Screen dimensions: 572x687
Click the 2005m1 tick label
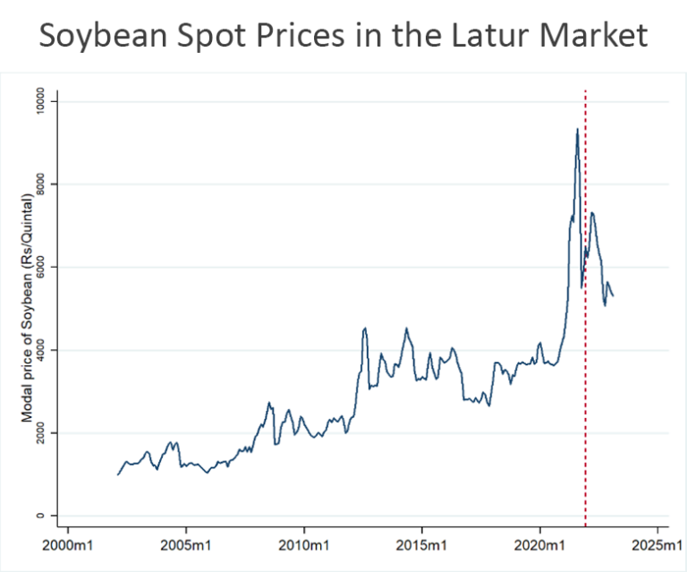[x=186, y=544]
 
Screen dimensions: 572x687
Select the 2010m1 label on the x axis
[x=304, y=544]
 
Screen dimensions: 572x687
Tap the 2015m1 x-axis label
[x=422, y=544]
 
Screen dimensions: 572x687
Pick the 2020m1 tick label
[x=540, y=544]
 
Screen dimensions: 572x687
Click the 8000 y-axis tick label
[x=41, y=185]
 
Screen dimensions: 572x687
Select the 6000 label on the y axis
[x=41, y=268]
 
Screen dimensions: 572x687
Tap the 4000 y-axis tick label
[x=41, y=350]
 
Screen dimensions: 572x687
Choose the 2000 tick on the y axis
[x=41, y=433]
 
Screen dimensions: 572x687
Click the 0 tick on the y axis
[x=41, y=516]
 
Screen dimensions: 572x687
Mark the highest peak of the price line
[x=577, y=129]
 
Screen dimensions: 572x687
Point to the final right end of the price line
[x=613, y=296]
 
